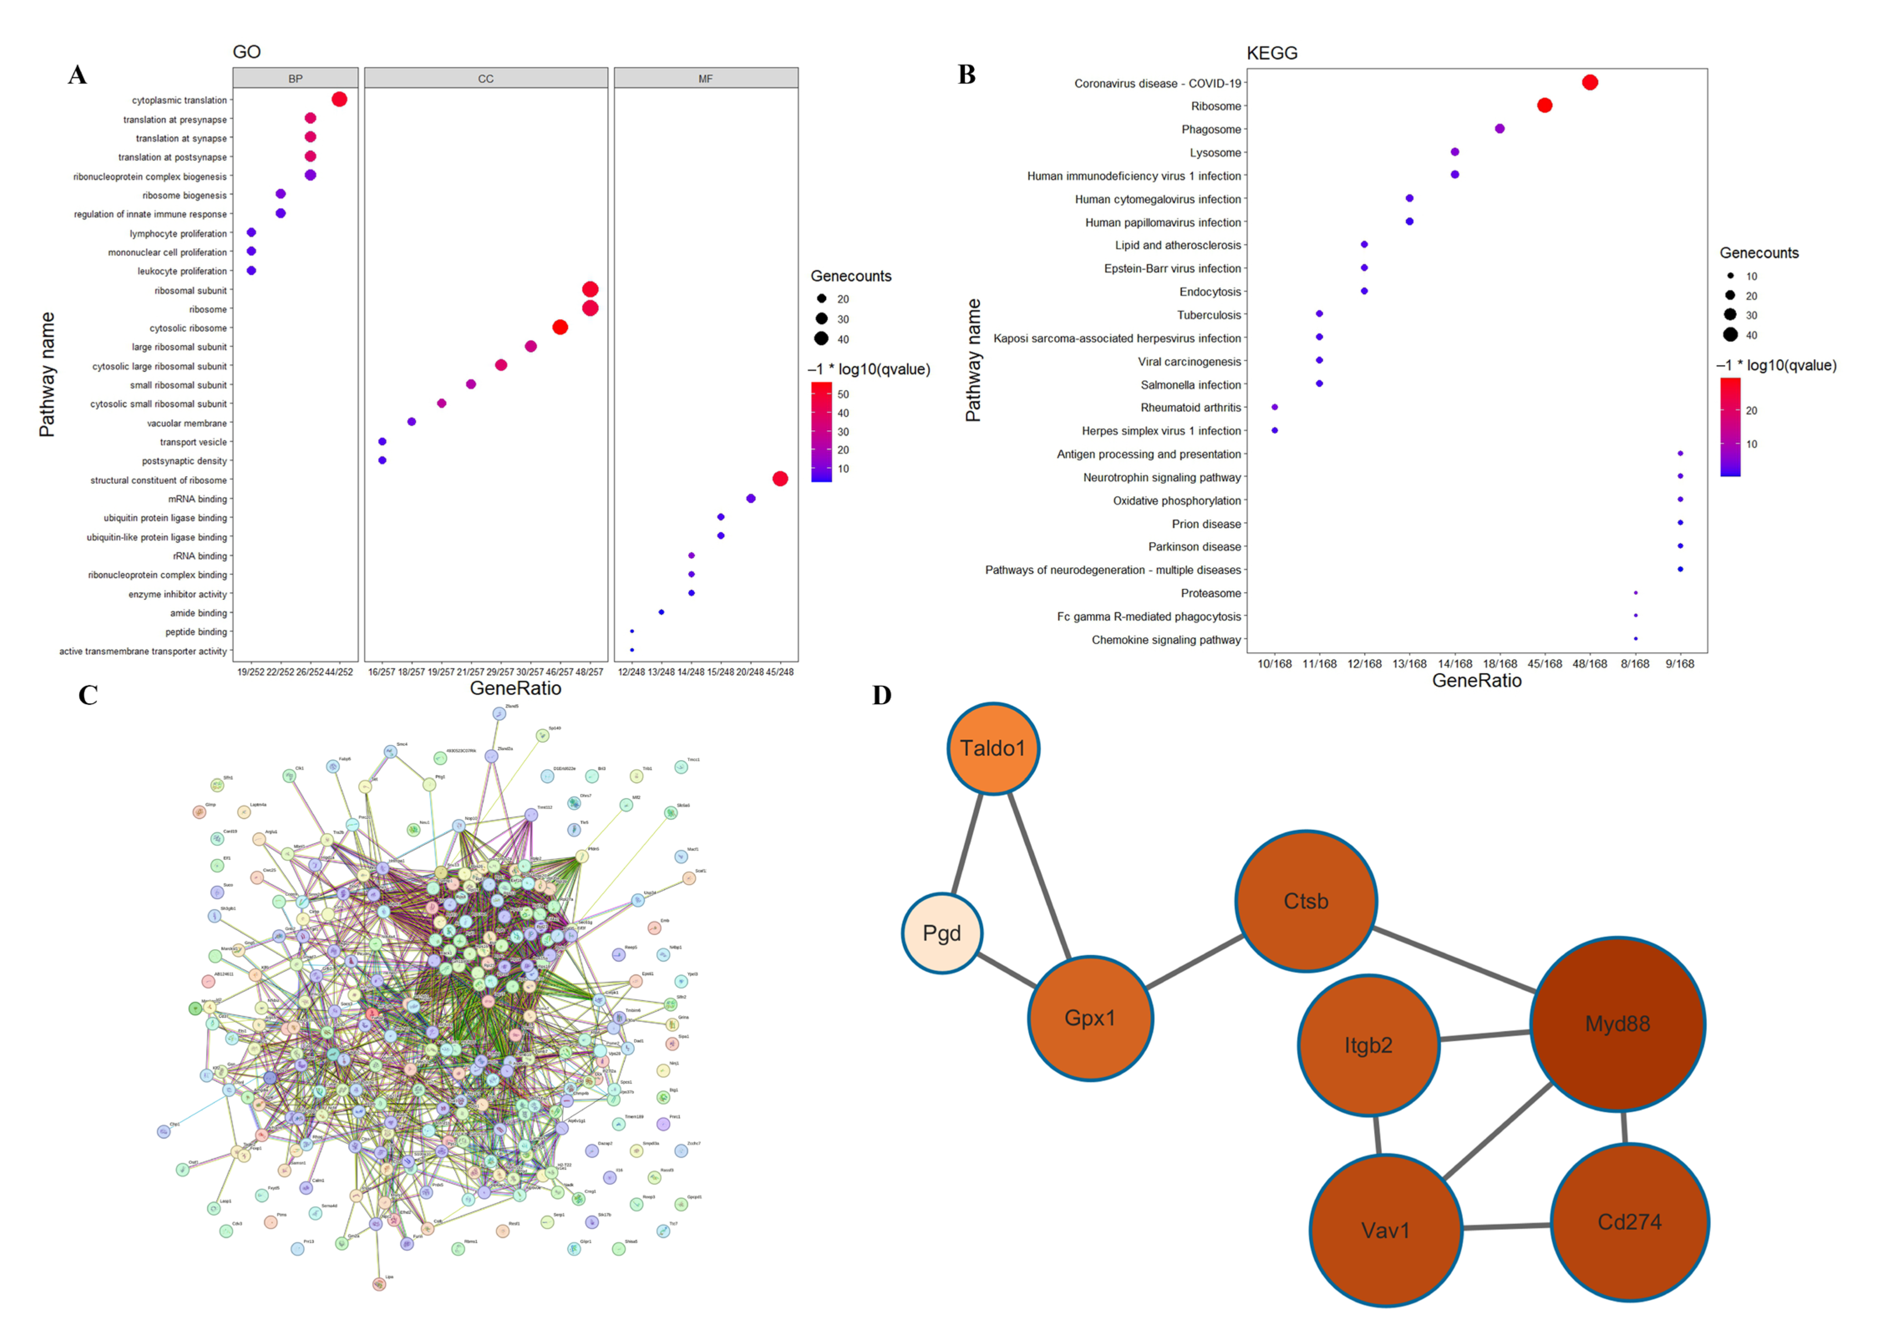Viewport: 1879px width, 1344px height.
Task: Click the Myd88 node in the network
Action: [1617, 1024]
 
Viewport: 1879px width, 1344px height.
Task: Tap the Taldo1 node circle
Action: [992, 748]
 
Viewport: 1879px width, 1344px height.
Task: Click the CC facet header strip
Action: [486, 79]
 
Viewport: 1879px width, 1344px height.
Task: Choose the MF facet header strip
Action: [705, 79]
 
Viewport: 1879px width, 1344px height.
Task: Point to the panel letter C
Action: [88, 695]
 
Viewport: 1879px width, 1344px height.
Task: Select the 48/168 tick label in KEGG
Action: [1589, 664]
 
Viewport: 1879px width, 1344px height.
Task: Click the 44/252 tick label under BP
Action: [338, 672]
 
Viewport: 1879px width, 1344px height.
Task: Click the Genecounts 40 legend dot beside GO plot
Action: [821, 338]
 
